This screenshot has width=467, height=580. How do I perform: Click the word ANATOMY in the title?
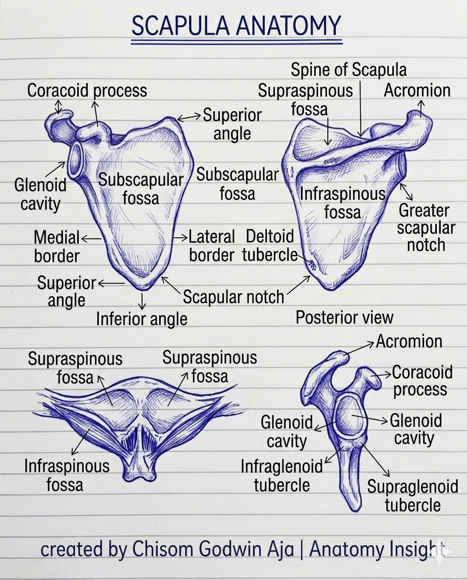point(287,26)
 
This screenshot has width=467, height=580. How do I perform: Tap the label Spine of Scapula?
point(348,69)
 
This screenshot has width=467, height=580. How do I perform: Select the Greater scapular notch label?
point(426,228)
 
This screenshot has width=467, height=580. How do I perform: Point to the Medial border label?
point(56,247)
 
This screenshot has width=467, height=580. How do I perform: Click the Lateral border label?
point(212,246)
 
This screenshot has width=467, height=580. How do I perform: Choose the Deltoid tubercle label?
point(270,246)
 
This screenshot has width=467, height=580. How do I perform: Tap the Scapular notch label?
point(233,297)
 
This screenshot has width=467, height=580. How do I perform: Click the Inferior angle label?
point(142,319)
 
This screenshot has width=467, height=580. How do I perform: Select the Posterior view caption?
point(344,317)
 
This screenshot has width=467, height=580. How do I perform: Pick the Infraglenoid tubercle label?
point(282,476)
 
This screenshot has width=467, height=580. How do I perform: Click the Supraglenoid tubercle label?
point(413,495)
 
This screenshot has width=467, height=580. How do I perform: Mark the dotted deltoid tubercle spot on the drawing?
point(313,265)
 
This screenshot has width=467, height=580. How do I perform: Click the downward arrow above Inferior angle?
point(142,301)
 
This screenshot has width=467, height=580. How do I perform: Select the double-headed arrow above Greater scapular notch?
point(406,192)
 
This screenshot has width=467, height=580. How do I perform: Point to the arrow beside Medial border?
point(91,239)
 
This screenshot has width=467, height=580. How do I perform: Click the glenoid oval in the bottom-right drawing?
point(349,416)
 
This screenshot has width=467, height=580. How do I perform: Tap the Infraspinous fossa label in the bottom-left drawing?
point(67,475)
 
